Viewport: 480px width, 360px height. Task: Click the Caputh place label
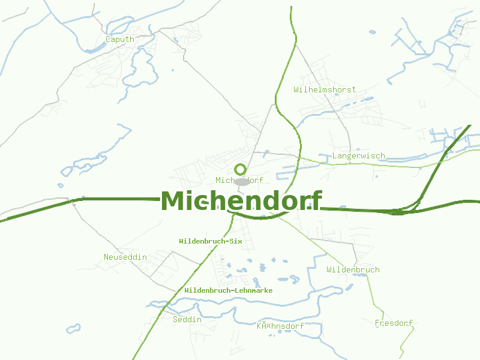coord(119,39)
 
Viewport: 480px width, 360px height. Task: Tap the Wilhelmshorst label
coord(325,89)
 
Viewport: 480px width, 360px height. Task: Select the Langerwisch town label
coord(359,156)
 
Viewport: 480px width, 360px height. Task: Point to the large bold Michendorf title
coord(241,200)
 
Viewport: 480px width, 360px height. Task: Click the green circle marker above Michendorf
coord(240,169)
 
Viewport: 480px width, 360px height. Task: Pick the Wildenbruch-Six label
coord(210,241)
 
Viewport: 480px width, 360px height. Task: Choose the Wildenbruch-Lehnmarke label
coord(229,290)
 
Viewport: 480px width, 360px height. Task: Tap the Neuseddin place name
coord(125,257)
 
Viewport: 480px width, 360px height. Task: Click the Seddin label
coord(187,319)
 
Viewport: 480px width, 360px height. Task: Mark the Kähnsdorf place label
coord(280,326)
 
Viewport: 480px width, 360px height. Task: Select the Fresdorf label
coord(394,323)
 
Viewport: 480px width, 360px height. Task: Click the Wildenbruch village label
coord(353,269)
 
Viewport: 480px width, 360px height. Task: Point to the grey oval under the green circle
coord(241,182)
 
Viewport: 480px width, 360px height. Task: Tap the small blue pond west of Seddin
coord(73,329)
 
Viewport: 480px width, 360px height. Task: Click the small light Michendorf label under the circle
coord(239,180)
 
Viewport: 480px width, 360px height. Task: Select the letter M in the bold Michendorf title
coord(173,200)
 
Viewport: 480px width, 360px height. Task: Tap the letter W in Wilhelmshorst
coord(296,89)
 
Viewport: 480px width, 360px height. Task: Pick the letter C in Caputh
coord(108,39)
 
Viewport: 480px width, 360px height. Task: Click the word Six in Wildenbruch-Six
coord(235,241)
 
